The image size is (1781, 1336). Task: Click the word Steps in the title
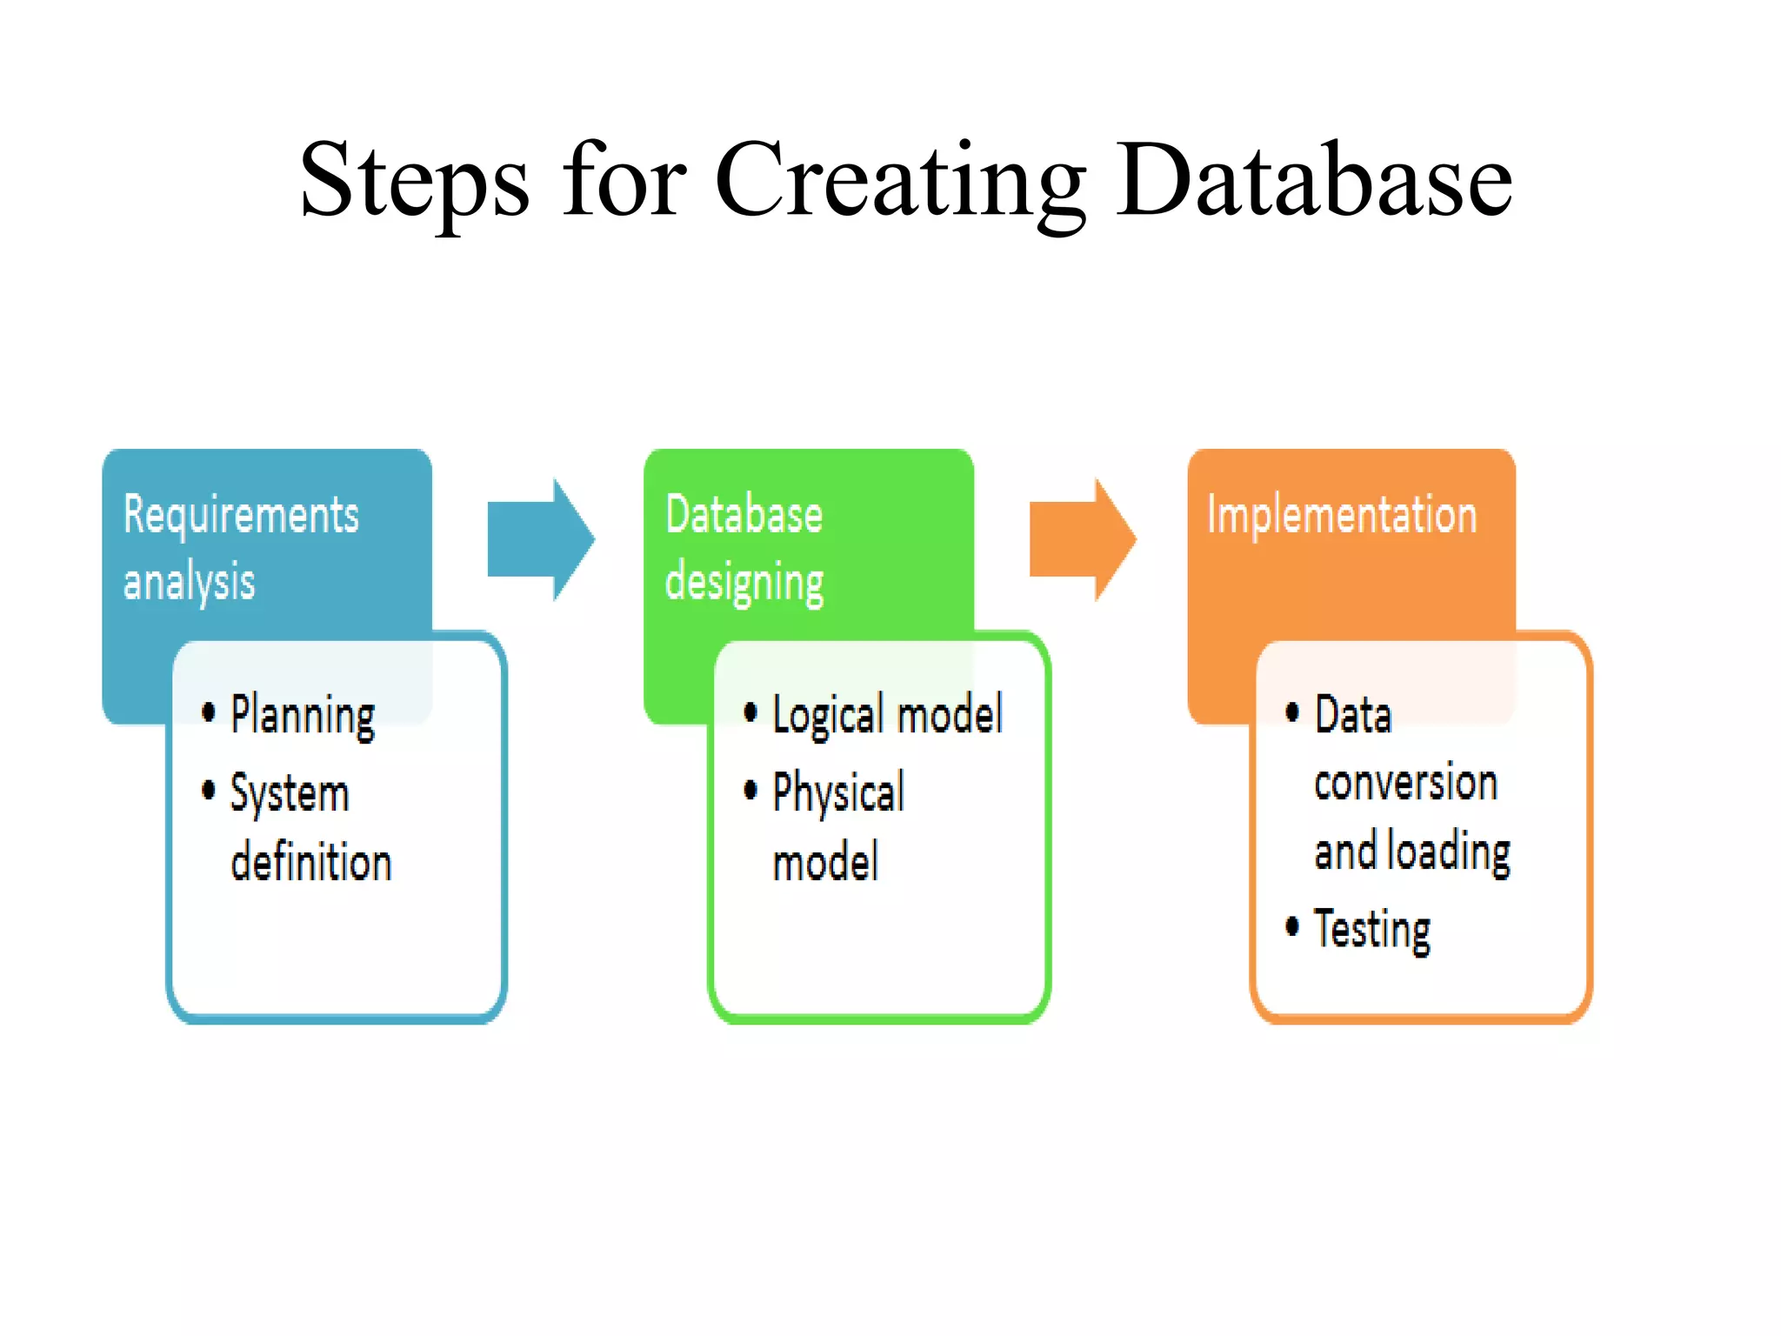414,181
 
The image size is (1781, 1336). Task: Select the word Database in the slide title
1314,181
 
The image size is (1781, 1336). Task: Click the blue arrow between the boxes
540,539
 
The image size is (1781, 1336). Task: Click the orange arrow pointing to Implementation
1082,539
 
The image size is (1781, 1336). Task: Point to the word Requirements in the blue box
241,515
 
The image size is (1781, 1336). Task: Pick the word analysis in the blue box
189,582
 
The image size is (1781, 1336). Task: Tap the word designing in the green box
744,582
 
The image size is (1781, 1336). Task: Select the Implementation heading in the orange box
1342,515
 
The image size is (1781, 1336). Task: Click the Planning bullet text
303,716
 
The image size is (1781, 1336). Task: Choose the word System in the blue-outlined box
289,793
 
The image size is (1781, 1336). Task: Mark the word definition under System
311,862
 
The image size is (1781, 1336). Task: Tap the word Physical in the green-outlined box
838,793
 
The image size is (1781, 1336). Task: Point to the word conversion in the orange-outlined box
1405,783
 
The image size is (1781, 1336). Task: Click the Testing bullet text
1371,930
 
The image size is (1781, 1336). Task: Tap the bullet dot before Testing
1292,926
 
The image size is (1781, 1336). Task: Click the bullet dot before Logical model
750,712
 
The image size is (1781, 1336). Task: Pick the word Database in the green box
744,515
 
